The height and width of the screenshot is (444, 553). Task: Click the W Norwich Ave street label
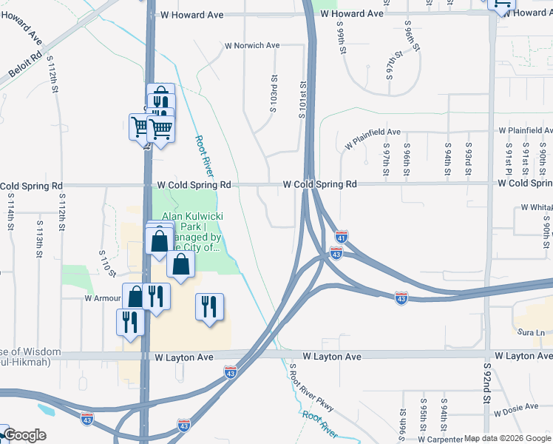[x=252, y=46]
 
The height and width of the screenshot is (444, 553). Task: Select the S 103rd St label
[x=273, y=93]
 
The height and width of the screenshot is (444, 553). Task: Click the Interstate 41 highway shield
[x=342, y=237]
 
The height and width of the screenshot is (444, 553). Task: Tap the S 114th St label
[x=11, y=211]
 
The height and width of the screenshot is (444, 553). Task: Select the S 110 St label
[x=107, y=263]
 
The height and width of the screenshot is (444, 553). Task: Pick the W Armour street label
[x=98, y=298]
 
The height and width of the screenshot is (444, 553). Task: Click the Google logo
[x=24, y=435]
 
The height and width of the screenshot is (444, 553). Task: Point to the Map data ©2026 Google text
[x=507, y=439]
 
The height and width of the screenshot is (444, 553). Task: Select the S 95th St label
[x=424, y=420]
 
